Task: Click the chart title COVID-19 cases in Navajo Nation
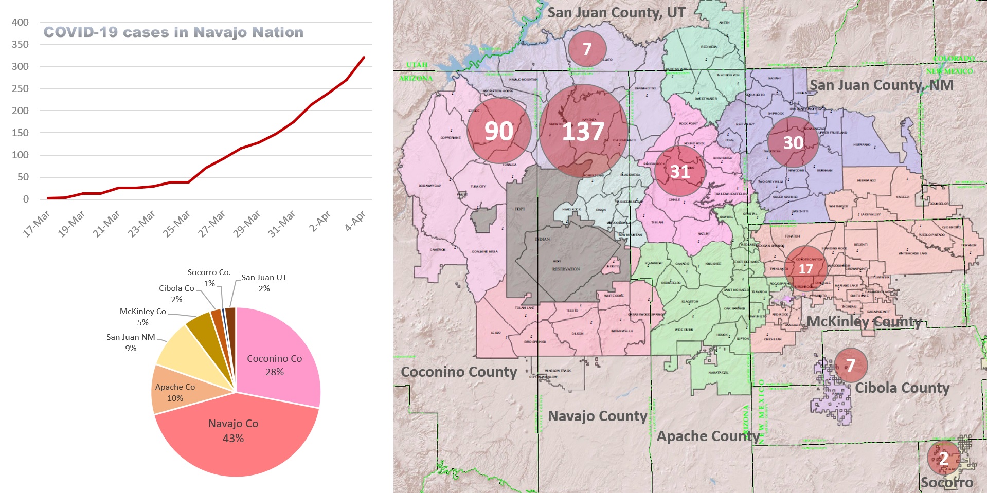coord(173,32)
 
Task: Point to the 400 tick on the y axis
coord(21,22)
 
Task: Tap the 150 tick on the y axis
coord(21,133)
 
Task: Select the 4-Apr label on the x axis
coord(355,221)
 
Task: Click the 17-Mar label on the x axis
coord(37,223)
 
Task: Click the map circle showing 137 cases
coord(583,131)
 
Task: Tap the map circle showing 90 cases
coord(499,131)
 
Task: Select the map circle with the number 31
coord(680,171)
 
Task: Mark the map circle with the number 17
coord(805,268)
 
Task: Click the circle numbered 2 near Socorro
coord(943,458)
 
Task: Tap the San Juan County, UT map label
coord(616,12)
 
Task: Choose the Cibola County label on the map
coord(902,388)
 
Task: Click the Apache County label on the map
coord(708,436)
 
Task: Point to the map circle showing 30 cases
coord(793,142)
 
